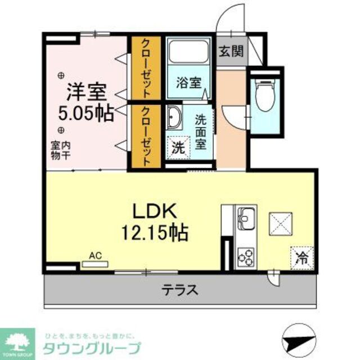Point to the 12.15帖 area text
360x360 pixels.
[x=155, y=231]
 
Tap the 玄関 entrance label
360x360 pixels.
[x=231, y=53]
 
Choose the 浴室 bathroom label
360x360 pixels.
[x=188, y=82]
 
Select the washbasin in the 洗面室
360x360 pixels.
[x=173, y=119]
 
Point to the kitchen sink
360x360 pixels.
[x=246, y=217]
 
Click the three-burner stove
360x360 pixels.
[x=246, y=256]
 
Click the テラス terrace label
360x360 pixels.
[x=180, y=291]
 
